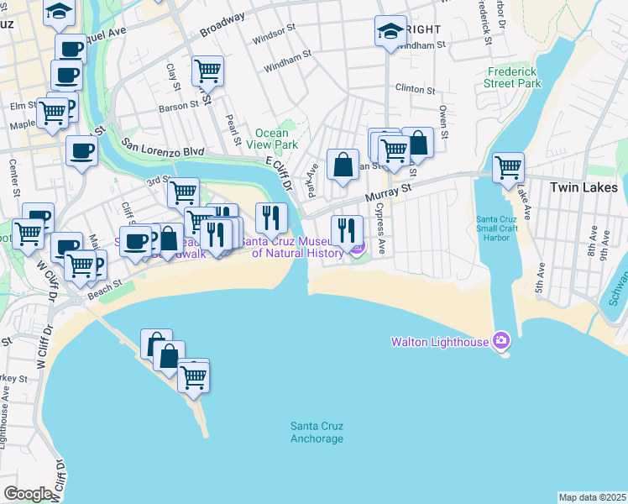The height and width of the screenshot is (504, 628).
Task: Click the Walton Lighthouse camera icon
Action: [x=501, y=340]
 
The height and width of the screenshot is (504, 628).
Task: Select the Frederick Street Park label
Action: [x=513, y=78]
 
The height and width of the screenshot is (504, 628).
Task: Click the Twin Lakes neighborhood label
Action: [x=584, y=187]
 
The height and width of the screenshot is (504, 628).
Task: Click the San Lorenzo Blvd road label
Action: [x=163, y=147]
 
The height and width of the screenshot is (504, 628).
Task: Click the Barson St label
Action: [x=178, y=106]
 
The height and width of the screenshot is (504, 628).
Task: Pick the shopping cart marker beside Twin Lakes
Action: [x=508, y=167]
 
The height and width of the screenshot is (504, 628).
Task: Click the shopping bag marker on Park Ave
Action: [x=343, y=165]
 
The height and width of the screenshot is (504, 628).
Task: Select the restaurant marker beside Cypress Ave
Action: [x=347, y=229]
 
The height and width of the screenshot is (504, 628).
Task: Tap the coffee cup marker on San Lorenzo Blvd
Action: [x=81, y=150]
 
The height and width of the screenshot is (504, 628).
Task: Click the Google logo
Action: [x=27, y=493]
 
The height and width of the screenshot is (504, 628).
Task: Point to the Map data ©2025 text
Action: [x=592, y=497]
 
